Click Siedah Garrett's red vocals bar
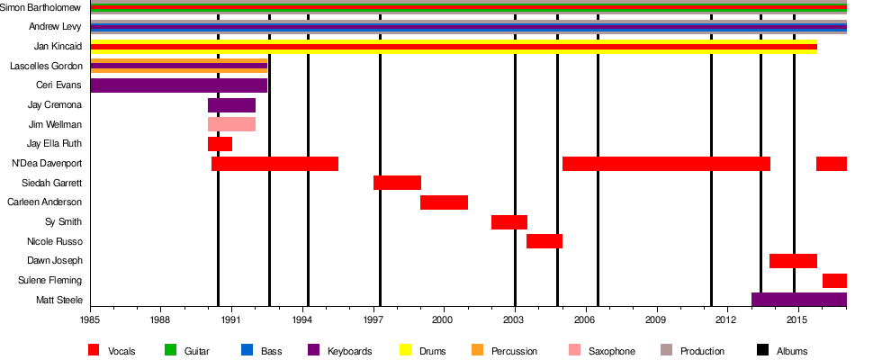[x=397, y=183]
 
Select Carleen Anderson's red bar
[x=444, y=202]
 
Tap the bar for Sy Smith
[x=508, y=222]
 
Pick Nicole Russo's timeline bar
[x=544, y=241]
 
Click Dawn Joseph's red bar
[x=793, y=261]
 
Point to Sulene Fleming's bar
[x=834, y=281]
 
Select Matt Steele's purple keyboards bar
[x=798, y=300]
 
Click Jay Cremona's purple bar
[x=231, y=105]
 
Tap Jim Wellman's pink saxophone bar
[x=231, y=124]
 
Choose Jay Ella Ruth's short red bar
[x=220, y=144]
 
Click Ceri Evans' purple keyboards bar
[x=178, y=85]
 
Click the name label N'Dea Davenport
[x=46, y=164]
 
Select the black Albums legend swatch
[x=762, y=350]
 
